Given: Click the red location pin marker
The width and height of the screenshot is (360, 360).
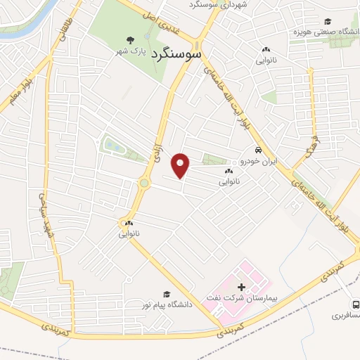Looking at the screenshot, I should [x=181, y=165].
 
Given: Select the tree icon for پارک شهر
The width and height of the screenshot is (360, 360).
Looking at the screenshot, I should [x=128, y=40].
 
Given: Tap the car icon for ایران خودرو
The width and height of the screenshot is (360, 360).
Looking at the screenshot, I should [x=259, y=150].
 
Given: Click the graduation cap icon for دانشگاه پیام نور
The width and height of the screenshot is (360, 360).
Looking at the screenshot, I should [x=167, y=294].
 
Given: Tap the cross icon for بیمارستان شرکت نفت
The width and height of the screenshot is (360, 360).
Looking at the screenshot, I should [x=241, y=287].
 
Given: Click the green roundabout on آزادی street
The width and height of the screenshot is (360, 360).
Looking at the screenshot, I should [x=144, y=184].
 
